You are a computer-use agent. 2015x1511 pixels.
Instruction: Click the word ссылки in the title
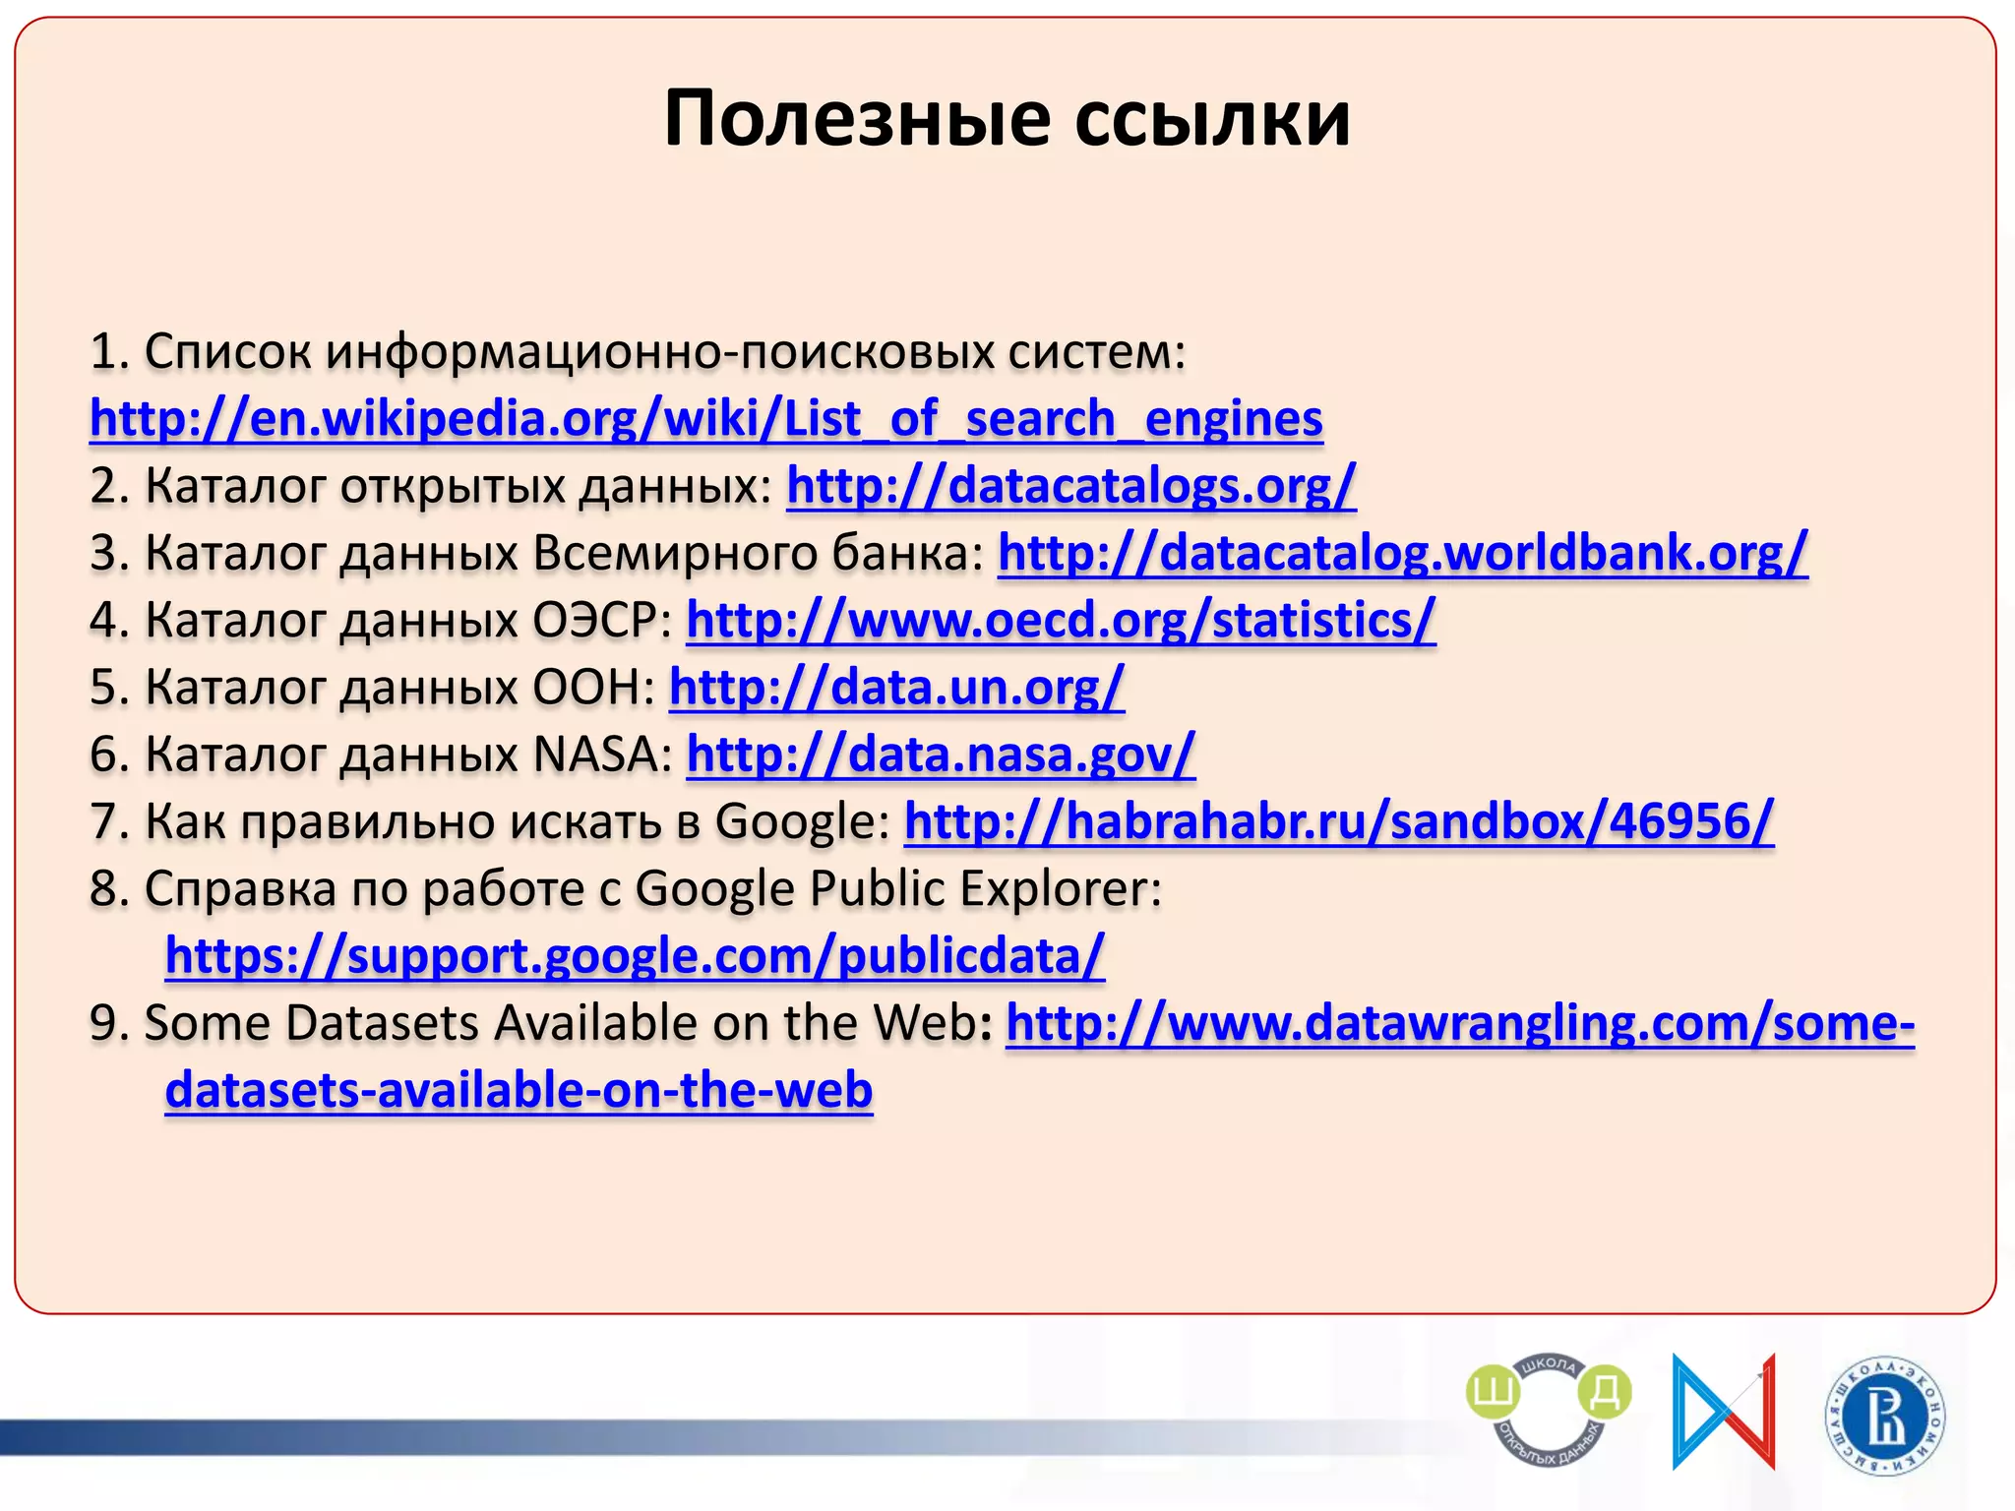(1212, 119)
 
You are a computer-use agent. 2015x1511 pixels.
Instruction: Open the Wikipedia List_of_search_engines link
(705, 419)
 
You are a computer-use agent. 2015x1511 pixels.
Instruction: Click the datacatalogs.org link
(1070, 486)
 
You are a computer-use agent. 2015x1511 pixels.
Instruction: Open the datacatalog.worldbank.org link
(1402, 553)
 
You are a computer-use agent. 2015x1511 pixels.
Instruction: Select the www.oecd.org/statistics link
(1060, 621)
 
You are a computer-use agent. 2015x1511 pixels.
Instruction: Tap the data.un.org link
(895, 688)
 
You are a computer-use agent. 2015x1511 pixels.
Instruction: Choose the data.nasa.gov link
(940, 755)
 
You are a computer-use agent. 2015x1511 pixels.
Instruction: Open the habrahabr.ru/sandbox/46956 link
(1338, 821)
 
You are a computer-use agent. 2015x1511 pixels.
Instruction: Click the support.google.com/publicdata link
(635, 956)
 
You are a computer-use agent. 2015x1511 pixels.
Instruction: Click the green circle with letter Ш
(1493, 1393)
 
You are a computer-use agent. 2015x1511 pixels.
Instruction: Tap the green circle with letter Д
(1604, 1393)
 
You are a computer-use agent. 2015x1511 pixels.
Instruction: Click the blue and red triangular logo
(1723, 1412)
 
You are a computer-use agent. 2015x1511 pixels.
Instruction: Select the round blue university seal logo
(1885, 1417)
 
